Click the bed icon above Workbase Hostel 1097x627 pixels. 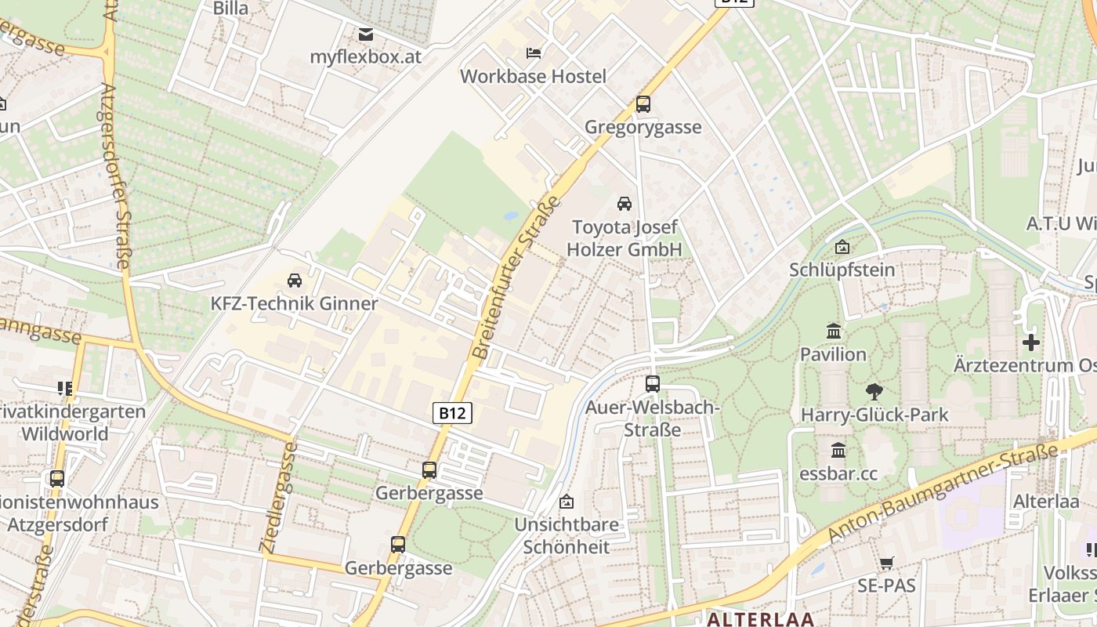click(x=533, y=53)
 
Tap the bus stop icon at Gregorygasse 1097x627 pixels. click(x=643, y=103)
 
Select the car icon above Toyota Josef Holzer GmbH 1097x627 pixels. click(x=625, y=204)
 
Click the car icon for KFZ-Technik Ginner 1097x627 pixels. click(x=295, y=280)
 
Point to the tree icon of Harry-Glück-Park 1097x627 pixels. click(x=874, y=391)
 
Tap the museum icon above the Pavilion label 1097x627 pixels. click(x=833, y=332)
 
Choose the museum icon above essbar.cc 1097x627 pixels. click(x=838, y=451)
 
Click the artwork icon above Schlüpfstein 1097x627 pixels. click(x=842, y=247)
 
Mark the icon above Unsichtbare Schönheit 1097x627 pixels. click(x=567, y=502)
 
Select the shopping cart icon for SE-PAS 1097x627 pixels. click(x=886, y=563)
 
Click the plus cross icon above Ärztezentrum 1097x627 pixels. click(x=1031, y=342)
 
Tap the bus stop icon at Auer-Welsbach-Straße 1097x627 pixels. click(x=653, y=384)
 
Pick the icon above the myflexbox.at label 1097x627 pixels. click(x=366, y=34)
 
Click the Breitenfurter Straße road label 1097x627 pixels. click(x=516, y=278)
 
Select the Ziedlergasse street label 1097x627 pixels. click(x=278, y=498)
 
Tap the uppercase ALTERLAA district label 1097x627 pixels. click(x=760, y=619)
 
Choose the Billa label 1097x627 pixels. click(x=230, y=9)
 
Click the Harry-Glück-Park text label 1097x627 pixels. click(x=874, y=415)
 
